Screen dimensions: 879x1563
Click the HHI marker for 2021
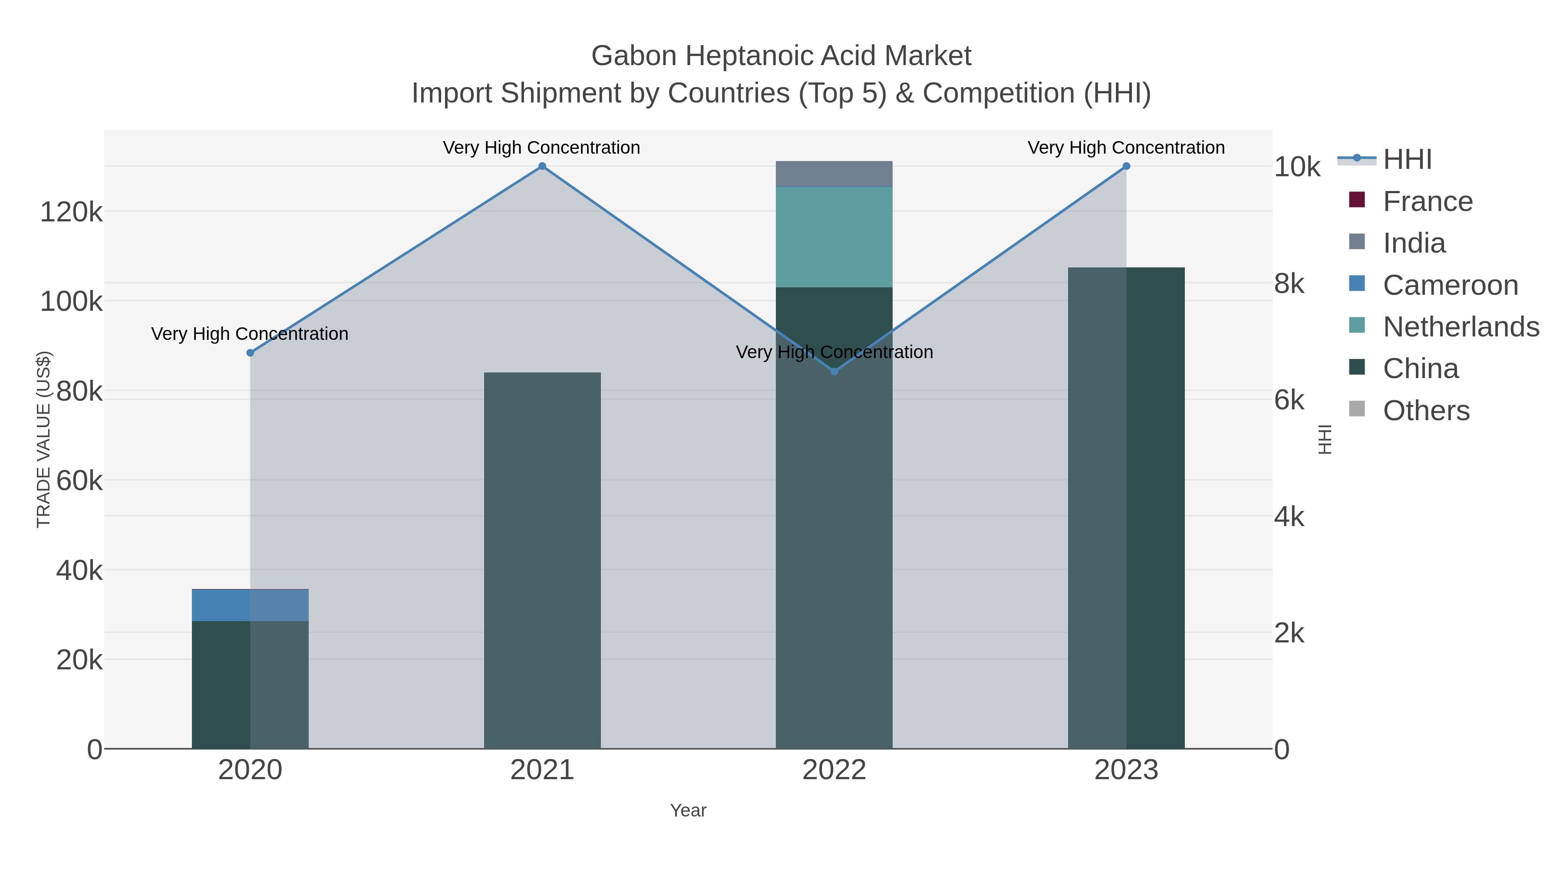(x=542, y=166)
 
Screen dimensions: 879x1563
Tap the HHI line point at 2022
(x=834, y=371)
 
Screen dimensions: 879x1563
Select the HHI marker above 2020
(x=250, y=352)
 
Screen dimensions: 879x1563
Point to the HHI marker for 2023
(x=1126, y=166)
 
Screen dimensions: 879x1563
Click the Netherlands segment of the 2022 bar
(x=834, y=237)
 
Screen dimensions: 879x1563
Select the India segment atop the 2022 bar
(x=834, y=174)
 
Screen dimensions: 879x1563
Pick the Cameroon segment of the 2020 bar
(x=250, y=605)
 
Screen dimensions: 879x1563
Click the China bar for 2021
(x=542, y=558)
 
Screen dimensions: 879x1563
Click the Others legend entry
(x=1426, y=411)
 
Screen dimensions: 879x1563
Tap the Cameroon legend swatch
(x=1357, y=283)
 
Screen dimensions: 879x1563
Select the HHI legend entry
(x=1406, y=160)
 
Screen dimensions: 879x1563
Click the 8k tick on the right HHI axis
(x=1289, y=283)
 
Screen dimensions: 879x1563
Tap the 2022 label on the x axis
(x=834, y=770)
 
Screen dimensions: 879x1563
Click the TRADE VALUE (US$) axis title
(x=44, y=439)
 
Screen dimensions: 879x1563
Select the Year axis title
(x=688, y=810)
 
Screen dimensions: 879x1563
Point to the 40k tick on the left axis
(x=79, y=570)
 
